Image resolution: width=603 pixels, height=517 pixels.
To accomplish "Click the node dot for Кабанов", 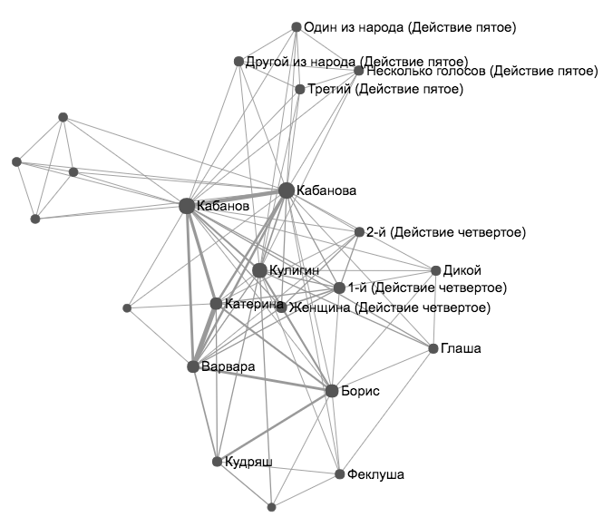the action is click(187, 206).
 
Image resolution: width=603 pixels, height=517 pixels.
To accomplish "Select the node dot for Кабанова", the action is click(287, 190).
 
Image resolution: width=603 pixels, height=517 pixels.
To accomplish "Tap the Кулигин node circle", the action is click(259, 270).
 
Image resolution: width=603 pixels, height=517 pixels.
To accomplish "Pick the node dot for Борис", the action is click(332, 391).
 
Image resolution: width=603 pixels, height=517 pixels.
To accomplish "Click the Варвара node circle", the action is click(193, 366).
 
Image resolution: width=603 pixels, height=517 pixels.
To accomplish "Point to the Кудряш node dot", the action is click(217, 462).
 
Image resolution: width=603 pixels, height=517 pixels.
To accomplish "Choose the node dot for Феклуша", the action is click(339, 474).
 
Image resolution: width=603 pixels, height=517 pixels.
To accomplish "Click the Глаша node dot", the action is click(433, 348).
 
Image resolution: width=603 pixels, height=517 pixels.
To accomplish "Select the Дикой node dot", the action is click(435, 270).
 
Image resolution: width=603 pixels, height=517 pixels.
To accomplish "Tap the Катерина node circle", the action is click(216, 303).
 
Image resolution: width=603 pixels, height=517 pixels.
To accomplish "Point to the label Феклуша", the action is click(375, 474).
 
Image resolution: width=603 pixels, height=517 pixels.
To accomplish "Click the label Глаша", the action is click(462, 348).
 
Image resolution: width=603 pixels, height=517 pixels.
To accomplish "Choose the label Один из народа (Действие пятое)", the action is click(410, 27).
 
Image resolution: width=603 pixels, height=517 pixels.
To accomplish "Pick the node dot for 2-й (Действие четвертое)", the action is click(359, 232).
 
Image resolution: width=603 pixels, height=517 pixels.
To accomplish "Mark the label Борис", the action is click(361, 391).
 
